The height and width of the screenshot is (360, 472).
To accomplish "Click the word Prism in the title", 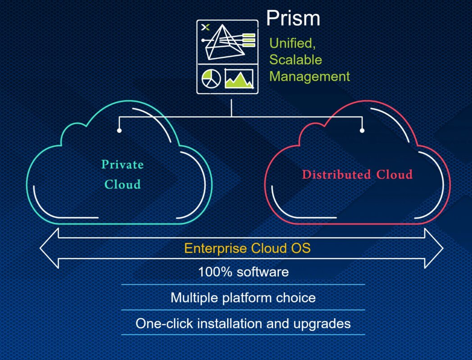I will (x=293, y=18).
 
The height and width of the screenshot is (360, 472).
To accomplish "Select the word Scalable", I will (x=295, y=60).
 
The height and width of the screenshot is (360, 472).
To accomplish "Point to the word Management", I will (x=309, y=76).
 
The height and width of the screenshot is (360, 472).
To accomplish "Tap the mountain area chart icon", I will (x=239, y=79).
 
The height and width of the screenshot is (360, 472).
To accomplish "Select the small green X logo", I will (x=205, y=27).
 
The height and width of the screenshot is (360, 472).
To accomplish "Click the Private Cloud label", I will (x=123, y=174).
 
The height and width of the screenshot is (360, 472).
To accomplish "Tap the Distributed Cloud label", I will (x=357, y=175).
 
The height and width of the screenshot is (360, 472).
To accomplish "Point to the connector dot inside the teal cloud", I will (x=119, y=130).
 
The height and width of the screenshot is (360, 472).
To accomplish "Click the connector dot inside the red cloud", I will (x=362, y=130).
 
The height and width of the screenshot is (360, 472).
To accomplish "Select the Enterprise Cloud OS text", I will (x=247, y=248).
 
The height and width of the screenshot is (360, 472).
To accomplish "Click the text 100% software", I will (x=243, y=272).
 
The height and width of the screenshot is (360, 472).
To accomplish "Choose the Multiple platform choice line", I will (x=243, y=297).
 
